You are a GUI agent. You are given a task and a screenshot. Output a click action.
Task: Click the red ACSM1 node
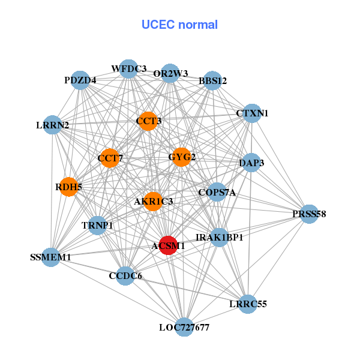[x=168, y=245]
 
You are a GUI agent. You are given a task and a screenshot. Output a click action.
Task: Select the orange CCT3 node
[x=148, y=121]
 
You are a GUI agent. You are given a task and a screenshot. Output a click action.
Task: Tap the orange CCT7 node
[x=110, y=158]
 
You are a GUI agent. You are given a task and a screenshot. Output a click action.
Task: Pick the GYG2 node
[x=181, y=157]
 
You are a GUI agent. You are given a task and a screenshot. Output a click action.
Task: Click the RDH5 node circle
[x=69, y=187]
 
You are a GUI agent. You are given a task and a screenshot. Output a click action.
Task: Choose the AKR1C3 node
[x=154, y=202]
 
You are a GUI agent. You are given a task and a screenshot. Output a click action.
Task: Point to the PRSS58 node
[x=309, y=214]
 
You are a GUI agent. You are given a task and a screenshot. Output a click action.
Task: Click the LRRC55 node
[x=247, y=304]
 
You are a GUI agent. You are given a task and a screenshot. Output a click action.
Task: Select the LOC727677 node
[x=184, y=327]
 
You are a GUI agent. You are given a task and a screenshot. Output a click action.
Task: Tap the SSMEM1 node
[x=51, y=257]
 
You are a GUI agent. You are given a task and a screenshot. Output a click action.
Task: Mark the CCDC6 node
[x=126, y=275]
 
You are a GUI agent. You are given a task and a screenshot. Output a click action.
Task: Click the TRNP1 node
[x=98, y=226]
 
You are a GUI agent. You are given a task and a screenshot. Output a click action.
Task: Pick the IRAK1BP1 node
[x=220, y=238]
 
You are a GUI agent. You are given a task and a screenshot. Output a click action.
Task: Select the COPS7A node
[x=217, y=193]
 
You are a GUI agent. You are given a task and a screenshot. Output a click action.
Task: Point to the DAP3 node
[x=251, y=163]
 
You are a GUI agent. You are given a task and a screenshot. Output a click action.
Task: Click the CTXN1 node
[x=252, y=113]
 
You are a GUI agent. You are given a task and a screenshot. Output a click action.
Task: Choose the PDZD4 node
[x=80, y=80]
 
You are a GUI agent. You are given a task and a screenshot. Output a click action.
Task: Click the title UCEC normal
[x=179, y=25]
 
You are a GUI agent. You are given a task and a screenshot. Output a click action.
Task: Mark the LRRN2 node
[x=53, y=125]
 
